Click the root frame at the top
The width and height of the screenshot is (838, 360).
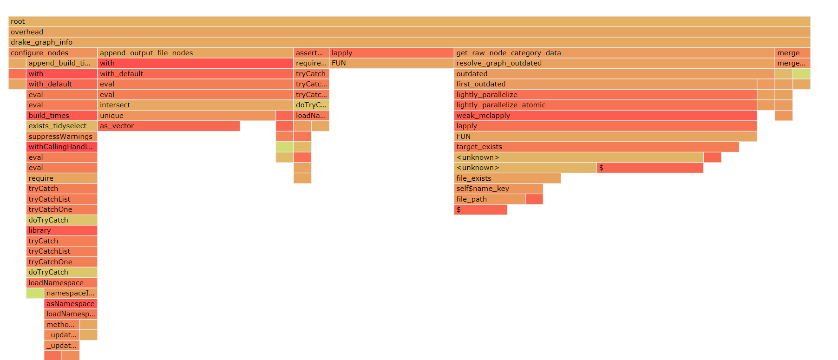point(409,21)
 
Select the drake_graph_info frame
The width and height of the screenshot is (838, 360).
point(409,42)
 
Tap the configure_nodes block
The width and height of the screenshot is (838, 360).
point(52,53)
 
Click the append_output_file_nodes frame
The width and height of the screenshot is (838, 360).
point(195,53)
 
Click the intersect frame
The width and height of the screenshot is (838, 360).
point(195,105)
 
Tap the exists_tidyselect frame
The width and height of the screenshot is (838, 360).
point(62,126)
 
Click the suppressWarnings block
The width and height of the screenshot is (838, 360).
point(62,137)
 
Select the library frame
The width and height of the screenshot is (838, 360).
point(62,230)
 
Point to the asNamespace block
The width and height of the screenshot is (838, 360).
point(71,304)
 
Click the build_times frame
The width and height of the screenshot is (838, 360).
point(62,116)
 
